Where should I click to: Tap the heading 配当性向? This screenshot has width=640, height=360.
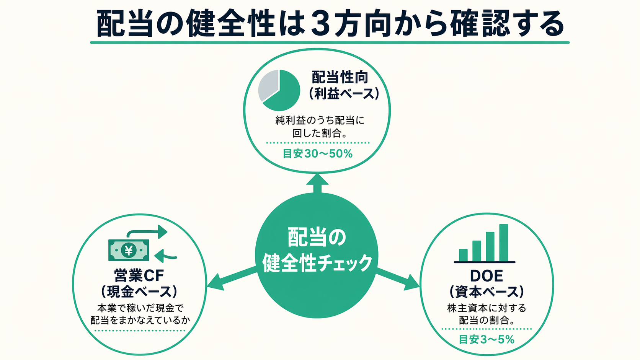click(340, 77)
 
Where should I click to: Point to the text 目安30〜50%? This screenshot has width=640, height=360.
click(317, 154)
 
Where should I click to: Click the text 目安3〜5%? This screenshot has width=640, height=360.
click(487, 339)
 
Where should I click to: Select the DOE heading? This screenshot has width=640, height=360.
click(486, 276)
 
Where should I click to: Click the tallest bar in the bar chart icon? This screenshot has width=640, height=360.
click(503, 243)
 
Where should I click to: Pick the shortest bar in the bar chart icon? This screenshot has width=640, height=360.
click(463, 255)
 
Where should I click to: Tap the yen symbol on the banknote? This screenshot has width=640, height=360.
click(129, 251)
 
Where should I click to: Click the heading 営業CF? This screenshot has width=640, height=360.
click(139, 275)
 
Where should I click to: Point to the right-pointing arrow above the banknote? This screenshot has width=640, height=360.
click(149, 232)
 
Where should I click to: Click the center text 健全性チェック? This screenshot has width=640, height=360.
click(317, 263)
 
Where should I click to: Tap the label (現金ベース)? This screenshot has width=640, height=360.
click(139, 292)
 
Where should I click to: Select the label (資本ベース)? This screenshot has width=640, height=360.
click(486, 292)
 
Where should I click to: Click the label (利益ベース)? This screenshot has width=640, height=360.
click(344, 93)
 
